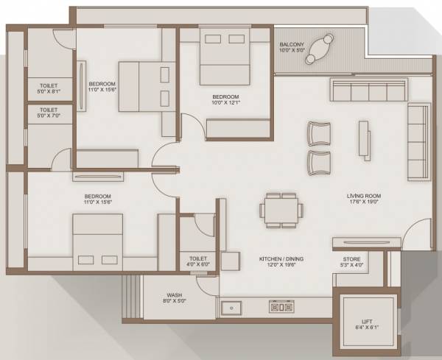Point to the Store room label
tap(351, 262)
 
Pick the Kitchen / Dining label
tap(281, 262)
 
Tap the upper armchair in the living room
tap(320, 133)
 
